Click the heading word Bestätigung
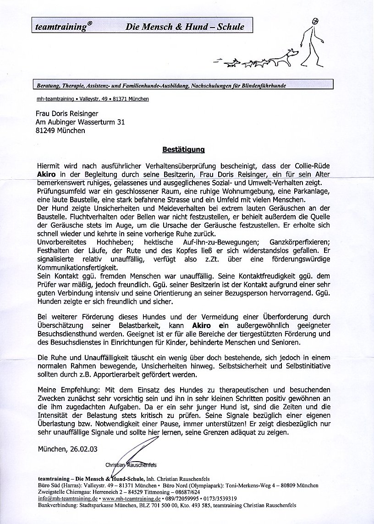[x=183, y=149]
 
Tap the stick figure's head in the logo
[x=315, y=22]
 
